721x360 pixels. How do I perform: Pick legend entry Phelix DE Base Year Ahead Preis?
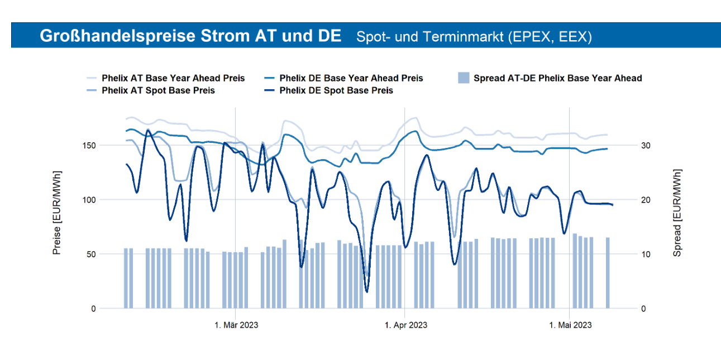tap(351, 78)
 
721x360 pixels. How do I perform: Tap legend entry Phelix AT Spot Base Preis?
tap(158, 90)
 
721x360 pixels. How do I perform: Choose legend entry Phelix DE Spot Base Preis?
tap(336, 90)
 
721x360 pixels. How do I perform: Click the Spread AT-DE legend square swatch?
tap(463, 78)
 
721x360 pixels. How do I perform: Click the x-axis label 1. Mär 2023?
tap(236, 325)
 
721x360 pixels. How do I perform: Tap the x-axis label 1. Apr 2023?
tap(405, 325)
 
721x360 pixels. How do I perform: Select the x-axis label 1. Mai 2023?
tap(570, 325)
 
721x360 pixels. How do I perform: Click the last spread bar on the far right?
tap(608, 273)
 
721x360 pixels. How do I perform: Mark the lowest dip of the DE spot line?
tap(367, 291)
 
